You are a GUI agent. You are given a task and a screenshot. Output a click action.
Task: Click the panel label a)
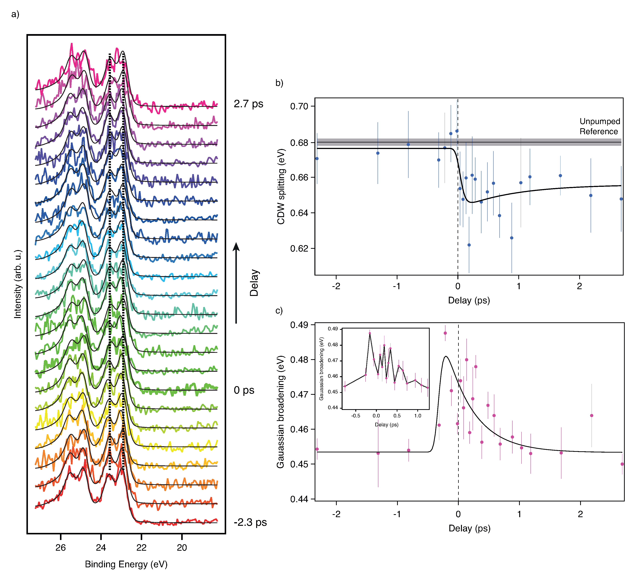[x=15, y=14]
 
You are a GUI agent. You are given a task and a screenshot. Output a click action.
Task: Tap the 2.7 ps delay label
[x=248, y=104]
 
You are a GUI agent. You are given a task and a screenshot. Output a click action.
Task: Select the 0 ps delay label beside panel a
[x=244, y=390]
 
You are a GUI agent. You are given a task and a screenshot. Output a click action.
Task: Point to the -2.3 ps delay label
[x=250, y=522]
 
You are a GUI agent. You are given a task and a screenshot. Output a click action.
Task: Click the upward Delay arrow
[x=236, y=282]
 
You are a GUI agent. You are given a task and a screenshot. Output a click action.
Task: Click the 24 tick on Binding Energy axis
[x=101, y=548]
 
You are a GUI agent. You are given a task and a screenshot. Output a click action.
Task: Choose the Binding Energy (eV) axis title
[x=126, y=564]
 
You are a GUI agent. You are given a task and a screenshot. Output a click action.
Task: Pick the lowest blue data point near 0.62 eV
[x=469, y=245]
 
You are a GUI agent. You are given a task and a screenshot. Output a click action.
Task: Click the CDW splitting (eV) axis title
[x=281, y=187]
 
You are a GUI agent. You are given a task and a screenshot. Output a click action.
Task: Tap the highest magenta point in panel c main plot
[x=445, y=333]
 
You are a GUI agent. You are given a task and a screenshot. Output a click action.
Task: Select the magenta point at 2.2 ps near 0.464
[x=592, y=416]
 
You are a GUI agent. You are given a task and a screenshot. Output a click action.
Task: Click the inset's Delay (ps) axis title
[x=387, y=425]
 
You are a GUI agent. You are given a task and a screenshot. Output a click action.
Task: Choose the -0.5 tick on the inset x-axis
[x=355, y=416]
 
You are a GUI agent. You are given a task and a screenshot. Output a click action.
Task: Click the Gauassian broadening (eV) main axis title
[x=280, y=412]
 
